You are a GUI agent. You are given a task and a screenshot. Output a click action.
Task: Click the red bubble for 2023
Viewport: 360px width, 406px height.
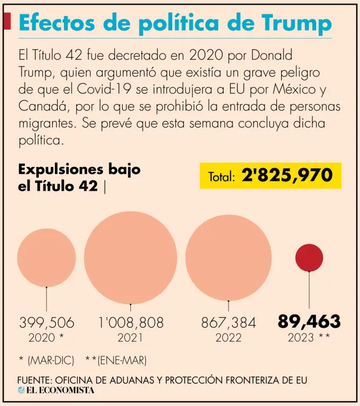(309, 257)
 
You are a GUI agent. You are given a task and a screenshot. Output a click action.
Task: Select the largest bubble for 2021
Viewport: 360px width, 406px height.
(131, 257)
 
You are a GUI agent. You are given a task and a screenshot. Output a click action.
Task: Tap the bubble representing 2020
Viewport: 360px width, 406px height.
(47, 257)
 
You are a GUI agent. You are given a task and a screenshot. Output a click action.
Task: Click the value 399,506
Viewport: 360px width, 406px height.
(47, 322)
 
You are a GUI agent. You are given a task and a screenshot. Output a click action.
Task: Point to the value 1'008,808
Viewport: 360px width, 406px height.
(131, 322)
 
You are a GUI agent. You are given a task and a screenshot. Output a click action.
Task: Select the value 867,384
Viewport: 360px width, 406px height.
(228, 322)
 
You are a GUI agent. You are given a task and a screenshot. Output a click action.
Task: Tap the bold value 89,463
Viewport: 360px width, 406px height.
(309, 321)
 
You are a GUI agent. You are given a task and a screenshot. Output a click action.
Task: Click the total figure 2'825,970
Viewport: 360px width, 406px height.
(287, 176)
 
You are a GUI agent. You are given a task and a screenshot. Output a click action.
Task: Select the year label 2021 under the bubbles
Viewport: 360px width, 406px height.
(131, 338)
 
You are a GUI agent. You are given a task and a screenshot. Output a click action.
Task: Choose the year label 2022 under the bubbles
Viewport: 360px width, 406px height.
(228, 338)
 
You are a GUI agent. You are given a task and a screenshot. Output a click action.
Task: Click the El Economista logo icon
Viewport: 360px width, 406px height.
(21, 390)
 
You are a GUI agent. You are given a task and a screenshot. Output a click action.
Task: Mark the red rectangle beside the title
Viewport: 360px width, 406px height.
(7, 22)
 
